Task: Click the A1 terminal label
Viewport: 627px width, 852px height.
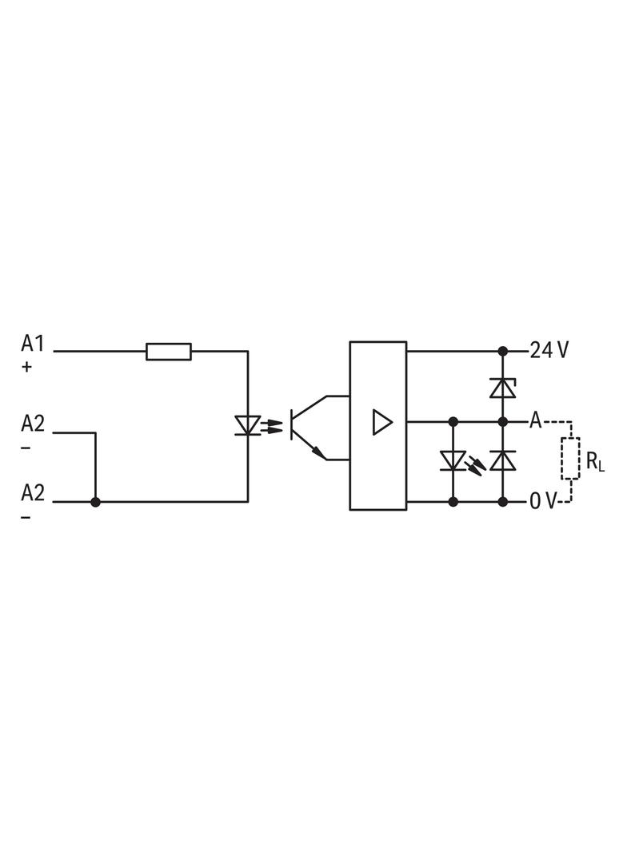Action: pyautogui.click(x=32, y=344)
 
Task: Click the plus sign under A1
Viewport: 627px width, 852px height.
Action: pyautogui.click(x=26, y=368)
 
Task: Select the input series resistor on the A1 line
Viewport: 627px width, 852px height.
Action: pyautogui.click(x=169, y=352)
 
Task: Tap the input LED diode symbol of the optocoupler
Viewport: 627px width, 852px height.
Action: pyautogui.click(x=248, y=425)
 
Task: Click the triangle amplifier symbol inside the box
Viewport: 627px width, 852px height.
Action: pyautogui.click(x=382, y=422)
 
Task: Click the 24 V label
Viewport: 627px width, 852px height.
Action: pyautogui.click(x=549, y=351)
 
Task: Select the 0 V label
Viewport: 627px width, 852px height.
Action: pyautogui.click(x=543, y=501)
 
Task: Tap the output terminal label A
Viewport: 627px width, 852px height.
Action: pyautogui.click(x=536, y=420)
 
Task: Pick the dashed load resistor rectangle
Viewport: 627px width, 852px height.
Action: pyautogui.click(x=570, y=459)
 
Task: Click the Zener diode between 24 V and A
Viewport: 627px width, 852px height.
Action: pyautogui.click(x=503, y=388)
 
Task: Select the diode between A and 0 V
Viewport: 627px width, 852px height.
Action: pyautogui.click(x=503, y=461)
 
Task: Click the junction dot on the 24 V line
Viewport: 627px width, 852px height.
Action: pyautogui.click(x=503, y=352)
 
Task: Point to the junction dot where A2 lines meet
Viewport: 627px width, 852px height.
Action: pyautogui.click(x=96, y=502)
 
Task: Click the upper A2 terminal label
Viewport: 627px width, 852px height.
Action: pyautogui.click(x=33, y=424)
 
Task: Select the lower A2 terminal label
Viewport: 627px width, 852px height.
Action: pyautogui.click(x=33, y=492)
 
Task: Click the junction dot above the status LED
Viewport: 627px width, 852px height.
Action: pyautogui.click(x=453, y=422)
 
